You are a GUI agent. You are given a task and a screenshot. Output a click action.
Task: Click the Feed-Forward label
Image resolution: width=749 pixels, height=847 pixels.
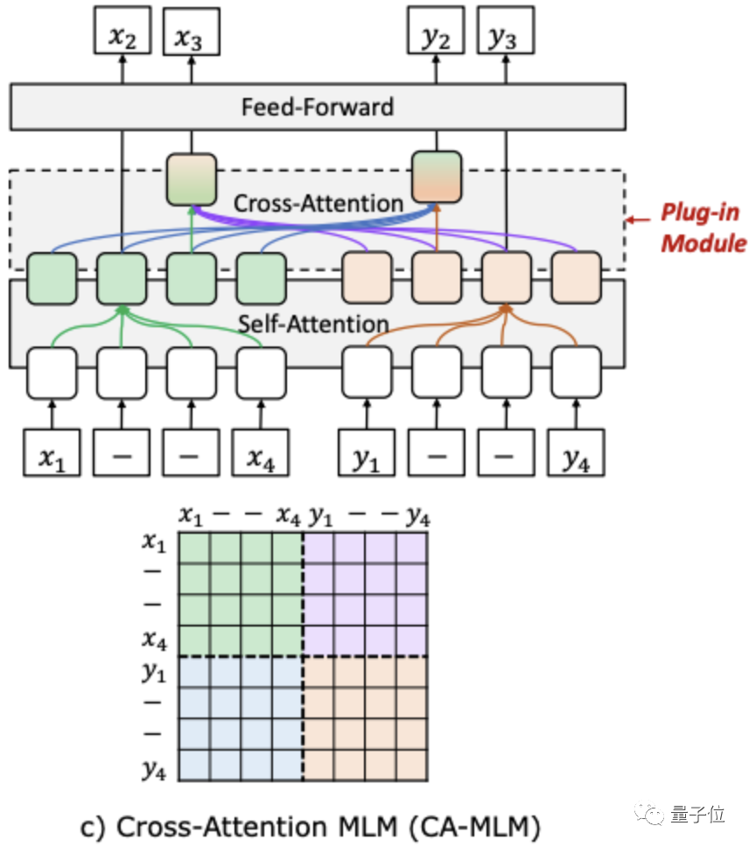tap(317, 108)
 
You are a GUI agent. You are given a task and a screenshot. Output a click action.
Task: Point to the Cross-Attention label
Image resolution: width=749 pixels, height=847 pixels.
tap(318, 204)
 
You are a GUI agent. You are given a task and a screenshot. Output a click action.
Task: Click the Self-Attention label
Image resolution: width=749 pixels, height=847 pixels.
tap(313, 325)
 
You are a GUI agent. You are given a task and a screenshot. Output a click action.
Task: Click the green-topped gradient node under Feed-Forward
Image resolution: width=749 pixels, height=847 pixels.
tap(192, 179)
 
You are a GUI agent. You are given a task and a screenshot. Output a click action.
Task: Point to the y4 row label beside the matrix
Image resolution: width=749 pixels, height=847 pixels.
tap(154, 769)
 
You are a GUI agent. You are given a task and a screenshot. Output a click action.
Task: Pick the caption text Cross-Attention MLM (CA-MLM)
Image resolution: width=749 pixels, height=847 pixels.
tap(323, 825)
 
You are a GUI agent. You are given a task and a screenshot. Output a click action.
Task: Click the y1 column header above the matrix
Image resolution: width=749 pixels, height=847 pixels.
tap(320, 516)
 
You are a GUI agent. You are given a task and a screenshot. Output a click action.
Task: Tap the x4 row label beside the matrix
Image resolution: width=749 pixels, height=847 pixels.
tap(154, 640)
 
